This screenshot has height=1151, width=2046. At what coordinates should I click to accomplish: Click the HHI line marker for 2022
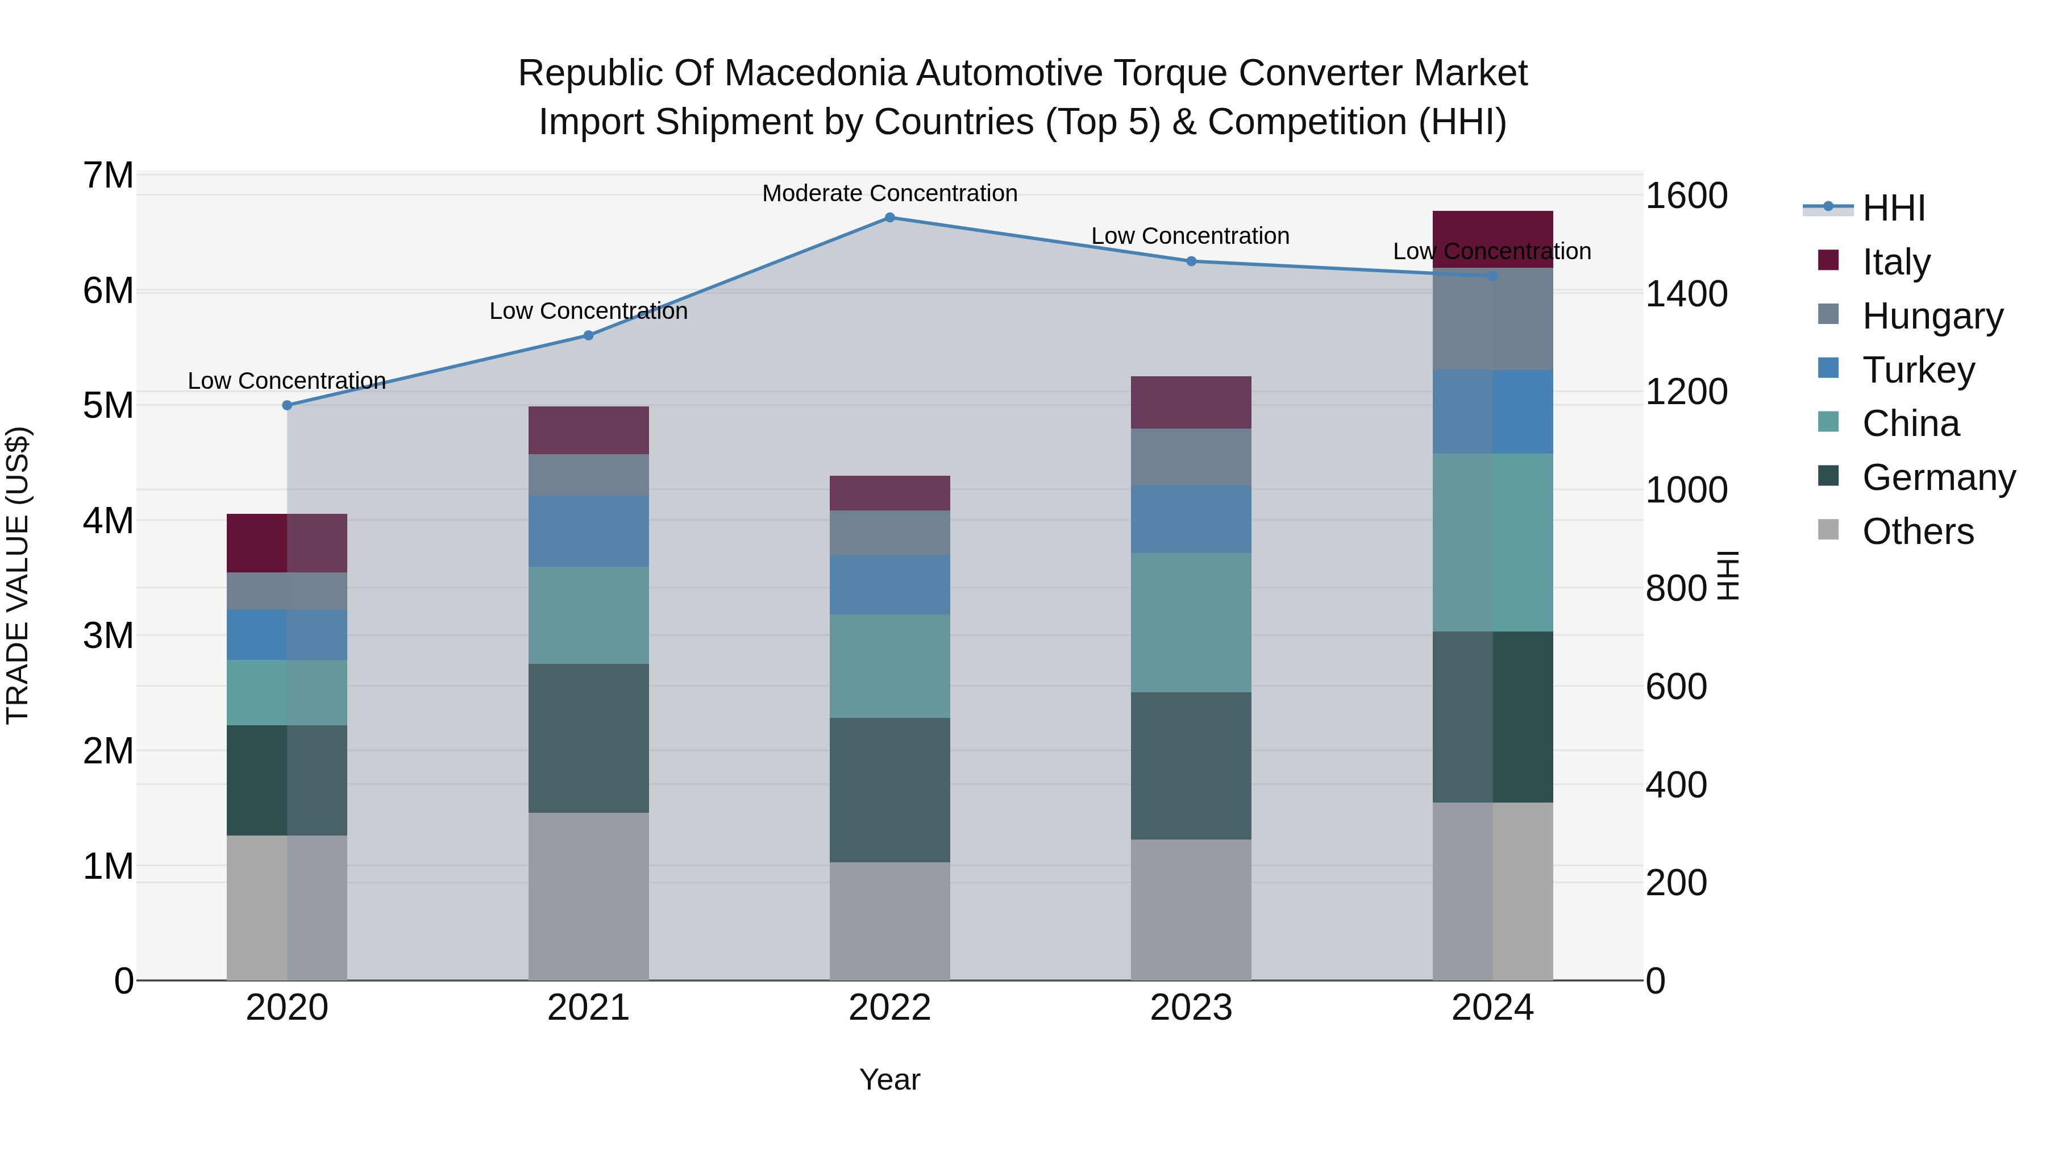pos(889,218)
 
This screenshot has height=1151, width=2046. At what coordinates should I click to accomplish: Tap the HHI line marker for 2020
pos(288,405)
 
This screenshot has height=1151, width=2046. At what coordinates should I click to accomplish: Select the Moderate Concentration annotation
pos(889,193)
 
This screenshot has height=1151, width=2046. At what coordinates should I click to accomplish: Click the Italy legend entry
pos(1895,262)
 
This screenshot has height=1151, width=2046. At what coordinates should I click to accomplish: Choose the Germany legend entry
pos(1938,477)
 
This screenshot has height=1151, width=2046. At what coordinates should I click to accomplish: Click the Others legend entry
pos(1918,531)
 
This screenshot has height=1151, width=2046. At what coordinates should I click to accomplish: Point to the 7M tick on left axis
pos(109,176)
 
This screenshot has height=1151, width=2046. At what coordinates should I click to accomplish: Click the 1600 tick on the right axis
pos(1686,196)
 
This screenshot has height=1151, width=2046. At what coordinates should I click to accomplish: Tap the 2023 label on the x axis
pos(1191,1008)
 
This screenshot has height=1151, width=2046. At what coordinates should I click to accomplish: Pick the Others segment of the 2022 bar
pos(889,921)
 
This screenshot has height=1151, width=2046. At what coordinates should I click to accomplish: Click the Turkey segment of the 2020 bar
pos(287,635)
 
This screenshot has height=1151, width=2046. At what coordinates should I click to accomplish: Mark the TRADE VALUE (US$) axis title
pos(18,575)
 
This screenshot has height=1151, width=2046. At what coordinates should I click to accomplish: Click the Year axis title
pos(889,1079)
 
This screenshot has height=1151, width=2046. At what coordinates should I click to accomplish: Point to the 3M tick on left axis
pos(109,635)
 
